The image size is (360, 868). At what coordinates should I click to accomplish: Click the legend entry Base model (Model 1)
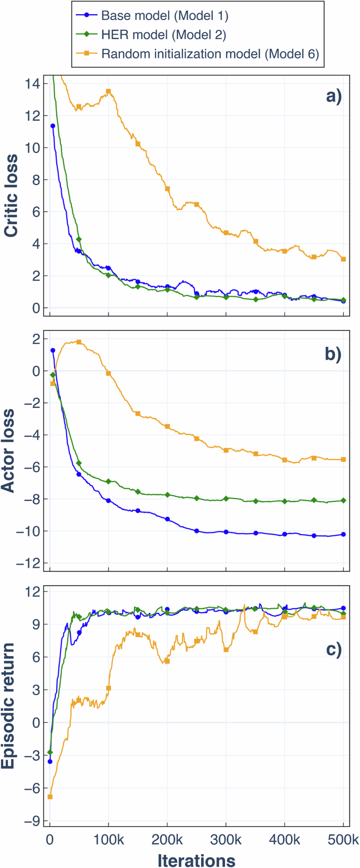[165, 16]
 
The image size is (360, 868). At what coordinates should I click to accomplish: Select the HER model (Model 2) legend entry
[163, 35]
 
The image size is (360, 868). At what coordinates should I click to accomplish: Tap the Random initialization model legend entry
[210, 54]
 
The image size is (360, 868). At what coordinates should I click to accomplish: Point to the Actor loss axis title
[9, 450]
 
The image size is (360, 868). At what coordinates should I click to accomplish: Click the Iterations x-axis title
[197, 860]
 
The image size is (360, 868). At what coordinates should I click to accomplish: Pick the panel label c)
[334, 650]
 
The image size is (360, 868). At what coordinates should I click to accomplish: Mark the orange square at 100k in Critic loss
[109, 91]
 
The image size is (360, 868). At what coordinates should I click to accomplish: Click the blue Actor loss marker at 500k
[343, 534]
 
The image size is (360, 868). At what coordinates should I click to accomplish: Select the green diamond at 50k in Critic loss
[79, 239]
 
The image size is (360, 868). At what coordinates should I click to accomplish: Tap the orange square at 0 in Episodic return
[50, 796]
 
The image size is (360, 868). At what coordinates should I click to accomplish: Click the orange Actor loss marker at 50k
[79, 342]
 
